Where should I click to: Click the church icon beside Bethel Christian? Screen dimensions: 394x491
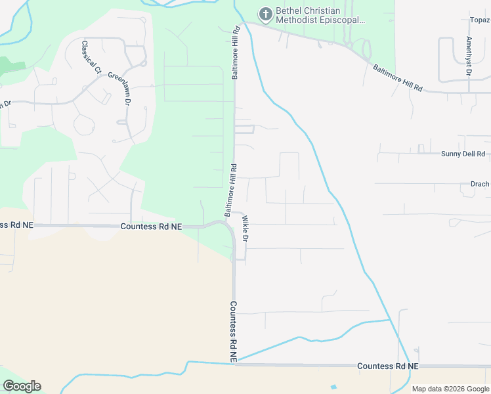pyautogui.click(x=265, y=13)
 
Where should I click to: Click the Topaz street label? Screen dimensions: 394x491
pyautogui.click(x=479, y=20)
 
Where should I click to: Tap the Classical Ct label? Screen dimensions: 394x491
pyautogui.click(x=91, y=57)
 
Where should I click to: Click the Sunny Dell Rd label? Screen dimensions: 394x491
pyautogui.click(x=463, y=154)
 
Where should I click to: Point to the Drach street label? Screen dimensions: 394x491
pyautogui.click(x=480, y=185)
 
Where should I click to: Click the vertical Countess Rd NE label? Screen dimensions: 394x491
pyautogui.click(x=233, y=330)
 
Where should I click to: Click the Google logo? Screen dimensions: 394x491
pyautogui.click(x=22, y=386)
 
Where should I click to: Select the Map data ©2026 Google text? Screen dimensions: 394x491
pyautogui.click(x=450, y=389)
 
